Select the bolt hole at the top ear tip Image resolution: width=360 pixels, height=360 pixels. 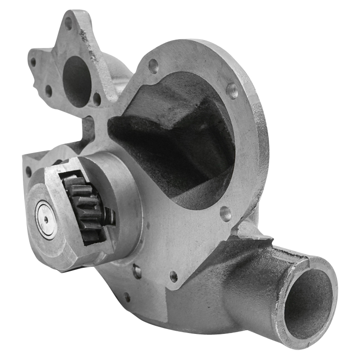[68, 23]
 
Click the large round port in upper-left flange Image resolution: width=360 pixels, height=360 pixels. [76, 81]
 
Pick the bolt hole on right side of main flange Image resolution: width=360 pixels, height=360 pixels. [232, 91]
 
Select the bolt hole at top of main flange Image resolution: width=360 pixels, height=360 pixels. [153, 66]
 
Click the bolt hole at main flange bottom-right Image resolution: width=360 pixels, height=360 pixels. [225, 213]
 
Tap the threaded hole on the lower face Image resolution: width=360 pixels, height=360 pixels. [174, 276]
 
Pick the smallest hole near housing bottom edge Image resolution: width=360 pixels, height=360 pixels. [127, 297]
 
